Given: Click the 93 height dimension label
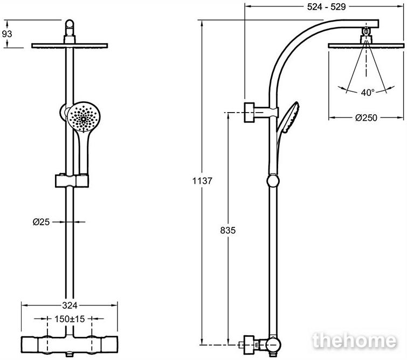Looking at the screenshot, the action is [7, 34].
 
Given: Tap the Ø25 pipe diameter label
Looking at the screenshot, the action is [41, 222].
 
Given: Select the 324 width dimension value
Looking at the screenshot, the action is [70, 306].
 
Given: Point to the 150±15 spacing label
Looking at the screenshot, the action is [70, 319].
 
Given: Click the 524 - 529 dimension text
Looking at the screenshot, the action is [326, 7].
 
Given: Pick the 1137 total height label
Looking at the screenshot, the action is [202, 181].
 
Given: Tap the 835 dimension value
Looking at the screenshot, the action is [228, 230].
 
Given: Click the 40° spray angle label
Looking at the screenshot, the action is [368, 92].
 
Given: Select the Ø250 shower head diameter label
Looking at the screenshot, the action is [366, 118].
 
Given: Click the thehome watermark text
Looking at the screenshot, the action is [355, 341].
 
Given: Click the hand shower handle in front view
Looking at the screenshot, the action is [84, 153].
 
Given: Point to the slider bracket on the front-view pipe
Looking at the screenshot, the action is [72, 181].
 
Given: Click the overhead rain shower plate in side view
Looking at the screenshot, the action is [366, 46].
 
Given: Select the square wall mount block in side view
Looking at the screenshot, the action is [249, 113].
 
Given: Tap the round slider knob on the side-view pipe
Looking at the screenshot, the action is [273, 181].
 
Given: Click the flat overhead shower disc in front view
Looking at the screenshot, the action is [70, 46].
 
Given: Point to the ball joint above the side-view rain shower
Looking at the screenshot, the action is [366, 31].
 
